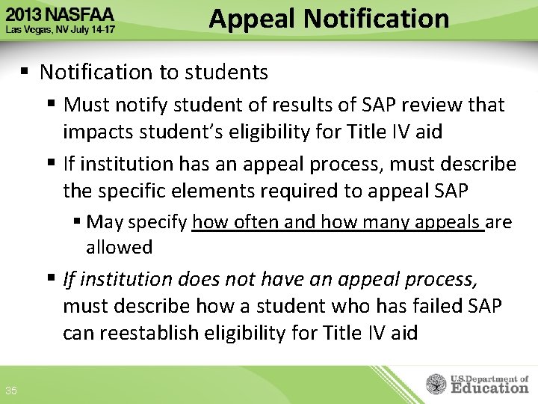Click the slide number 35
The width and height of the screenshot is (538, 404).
pyautogui.click(x=11, y=391)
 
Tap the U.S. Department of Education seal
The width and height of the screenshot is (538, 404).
pyautogui.click(x=436, y=385)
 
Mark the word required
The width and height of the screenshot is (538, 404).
pyautogui.click(x=299, y=191)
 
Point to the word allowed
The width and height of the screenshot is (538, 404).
pyautogui.click(x=120, y=247)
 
